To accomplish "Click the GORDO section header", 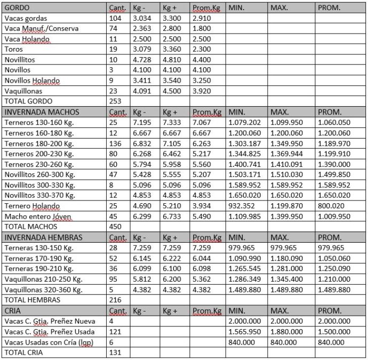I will point(17,8).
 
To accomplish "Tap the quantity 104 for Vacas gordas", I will point(115,18).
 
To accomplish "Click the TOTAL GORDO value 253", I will point(115,101).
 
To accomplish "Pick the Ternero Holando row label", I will point(29,206).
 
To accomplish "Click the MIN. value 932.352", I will point(242,206).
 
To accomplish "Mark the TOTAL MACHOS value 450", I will point(115,226).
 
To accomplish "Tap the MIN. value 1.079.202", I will point(245,122).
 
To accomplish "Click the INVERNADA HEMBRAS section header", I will point(43,237).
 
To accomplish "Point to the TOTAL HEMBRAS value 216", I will point(115,300).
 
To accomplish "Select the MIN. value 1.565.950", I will point(245,331).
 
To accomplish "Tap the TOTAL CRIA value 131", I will point(115,352).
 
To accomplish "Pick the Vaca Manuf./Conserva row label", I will point(41,28).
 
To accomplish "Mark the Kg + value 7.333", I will point(172,122).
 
